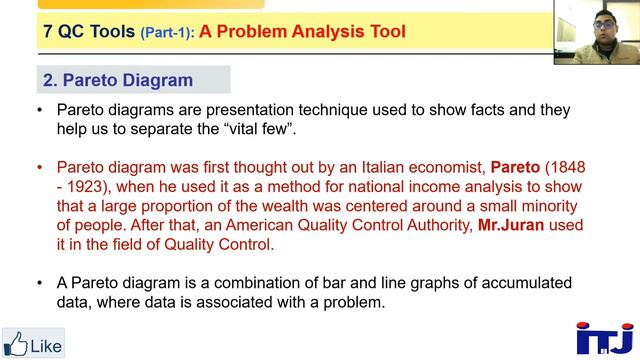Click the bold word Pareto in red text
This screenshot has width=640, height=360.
[x=515, y=167]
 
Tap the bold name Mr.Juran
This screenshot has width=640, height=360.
[x=511, y=225]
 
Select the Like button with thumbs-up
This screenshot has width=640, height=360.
[x=33, y=345]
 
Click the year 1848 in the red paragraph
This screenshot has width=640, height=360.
[x=567, y=167]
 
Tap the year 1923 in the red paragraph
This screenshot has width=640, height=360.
[x=84, y=186]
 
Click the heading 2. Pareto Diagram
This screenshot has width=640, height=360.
[x=118, y=80]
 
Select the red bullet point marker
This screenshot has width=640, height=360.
[x=40, y=167]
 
